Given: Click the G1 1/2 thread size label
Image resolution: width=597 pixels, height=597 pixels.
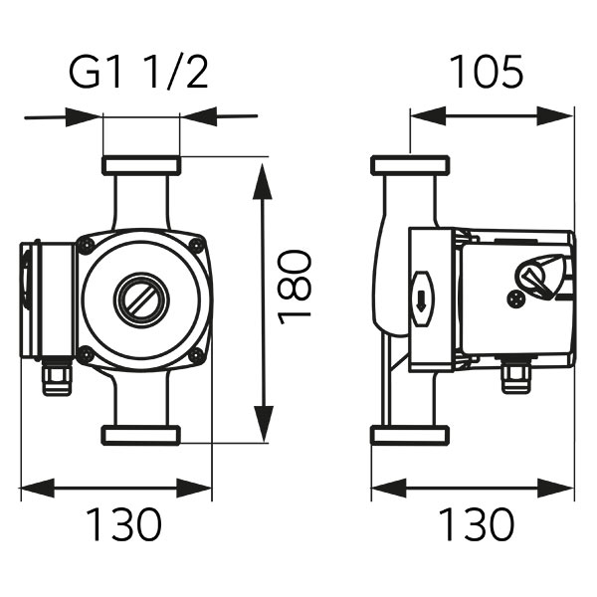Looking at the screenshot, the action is point(138,74).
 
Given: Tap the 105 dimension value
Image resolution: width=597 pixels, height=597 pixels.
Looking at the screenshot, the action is point(487,72).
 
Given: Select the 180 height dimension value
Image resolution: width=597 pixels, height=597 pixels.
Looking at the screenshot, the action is point(295,288).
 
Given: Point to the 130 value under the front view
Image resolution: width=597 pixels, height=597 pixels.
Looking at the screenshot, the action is point(124,524).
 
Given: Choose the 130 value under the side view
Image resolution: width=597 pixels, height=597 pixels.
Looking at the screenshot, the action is point(477,524).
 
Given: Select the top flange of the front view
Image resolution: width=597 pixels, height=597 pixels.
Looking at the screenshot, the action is point(141,165).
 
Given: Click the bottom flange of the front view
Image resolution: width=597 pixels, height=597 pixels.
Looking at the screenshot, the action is point(141,435).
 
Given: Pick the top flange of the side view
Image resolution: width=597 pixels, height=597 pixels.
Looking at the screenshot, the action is point(410,165).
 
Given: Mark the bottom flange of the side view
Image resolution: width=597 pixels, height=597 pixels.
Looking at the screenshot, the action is point(410,435).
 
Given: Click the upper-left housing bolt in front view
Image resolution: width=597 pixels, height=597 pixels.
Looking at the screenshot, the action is point(85,244).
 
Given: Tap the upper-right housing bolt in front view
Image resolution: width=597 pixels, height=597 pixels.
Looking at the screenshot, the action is point(197,245).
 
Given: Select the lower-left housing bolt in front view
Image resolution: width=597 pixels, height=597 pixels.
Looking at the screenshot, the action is point(85,355).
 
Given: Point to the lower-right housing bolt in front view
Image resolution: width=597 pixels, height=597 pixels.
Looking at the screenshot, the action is point(196,356).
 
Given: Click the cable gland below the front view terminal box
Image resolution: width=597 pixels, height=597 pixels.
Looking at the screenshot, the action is point(57,378).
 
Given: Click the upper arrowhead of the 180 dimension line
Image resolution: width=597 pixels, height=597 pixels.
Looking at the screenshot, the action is point(263,182).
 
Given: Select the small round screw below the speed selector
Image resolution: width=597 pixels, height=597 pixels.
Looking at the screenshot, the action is point(515,298).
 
